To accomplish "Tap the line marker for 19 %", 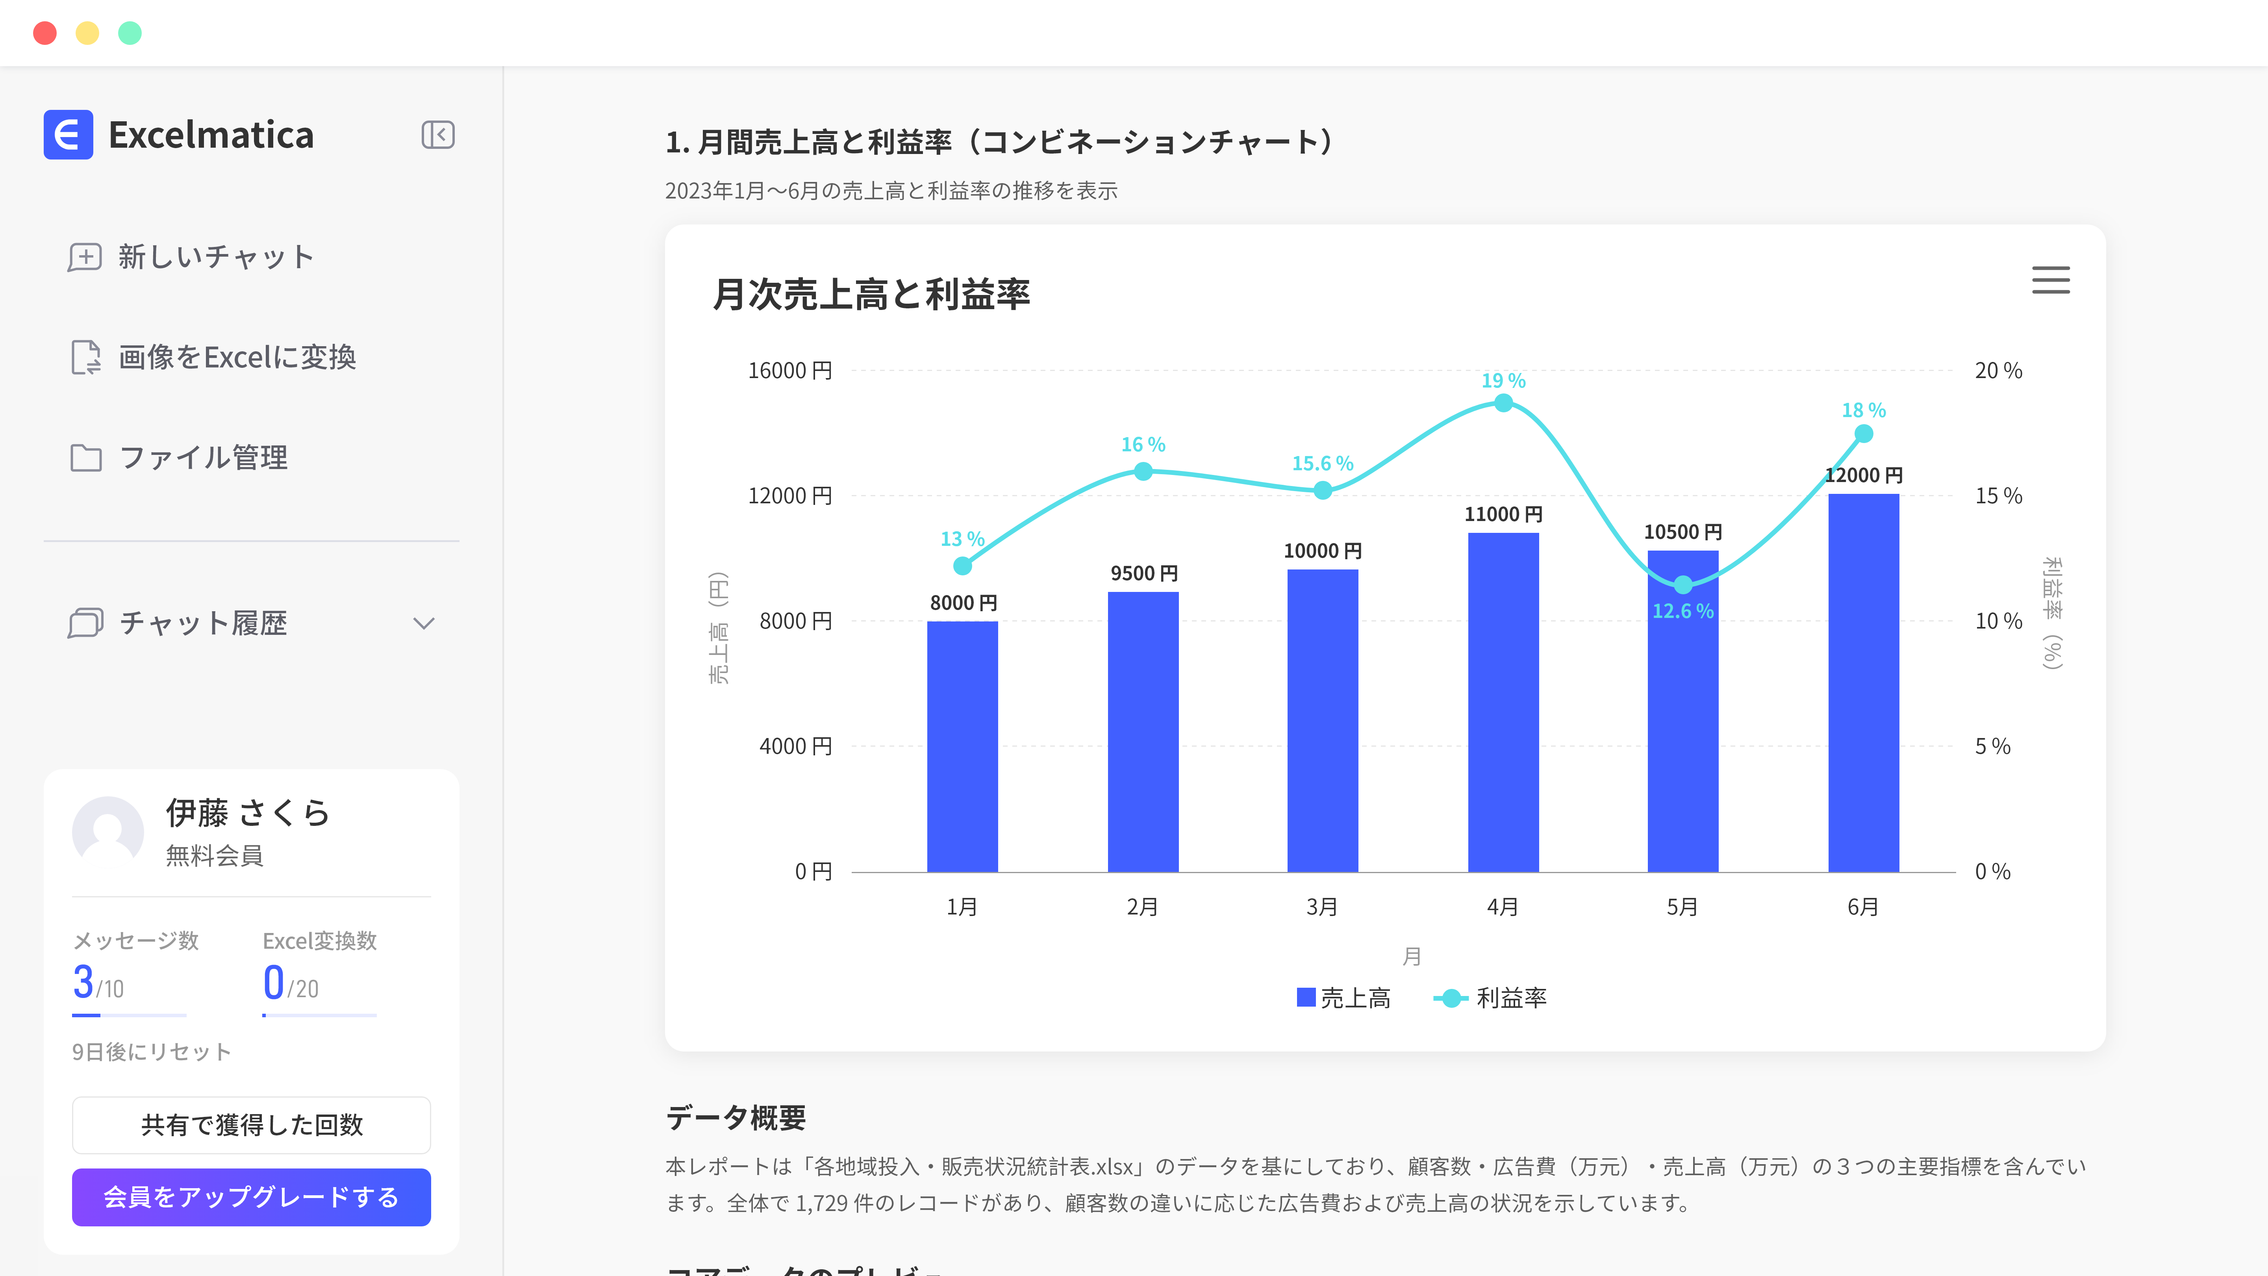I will pyautogui.click(x=1503, y=403).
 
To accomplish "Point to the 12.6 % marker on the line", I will pyautogui.click(x=1682, y=585).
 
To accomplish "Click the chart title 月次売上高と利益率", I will pyautogui.click(x=871, y=294).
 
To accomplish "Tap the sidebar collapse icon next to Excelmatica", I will pyautogui.click(x=437, y=135).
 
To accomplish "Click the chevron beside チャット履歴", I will pyautogui.click(x=424, y=623).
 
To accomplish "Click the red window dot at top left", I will pyautogui.click(x=45, y=33).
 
